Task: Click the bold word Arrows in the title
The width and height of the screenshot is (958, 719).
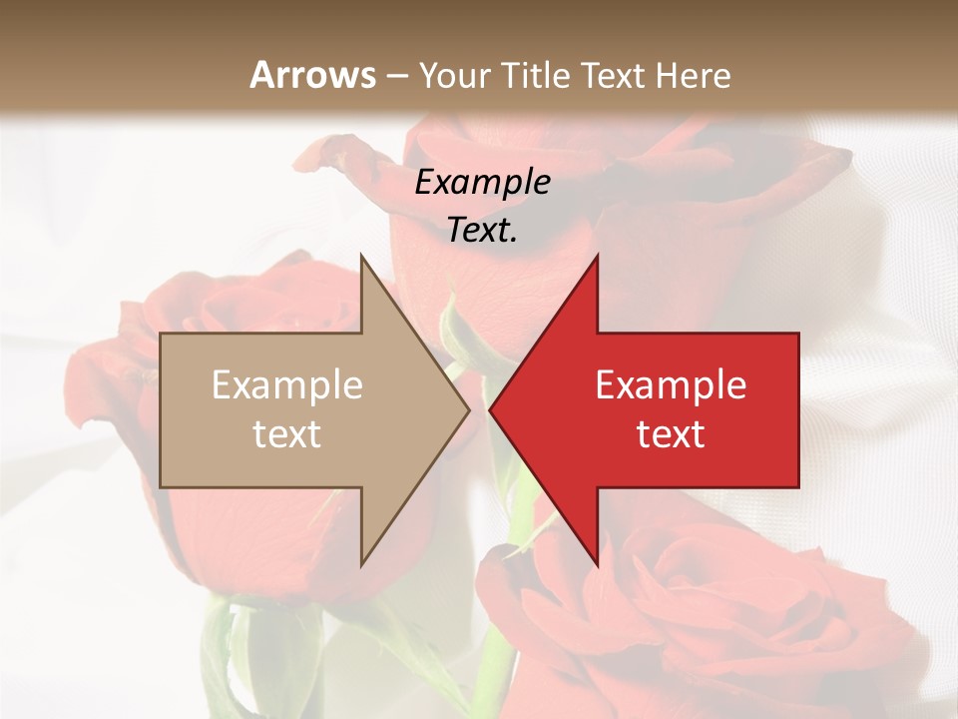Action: coord(312,75)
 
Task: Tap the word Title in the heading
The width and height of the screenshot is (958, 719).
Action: coord(536,76)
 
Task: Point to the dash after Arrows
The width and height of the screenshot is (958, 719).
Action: coord(396,77)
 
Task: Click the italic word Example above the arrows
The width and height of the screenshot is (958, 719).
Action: coord(483,183)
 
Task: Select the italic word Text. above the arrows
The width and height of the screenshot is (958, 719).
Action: coord(483,230)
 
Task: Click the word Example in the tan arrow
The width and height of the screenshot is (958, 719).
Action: coord(287,385)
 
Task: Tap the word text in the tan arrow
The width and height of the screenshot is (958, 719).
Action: coord(287,434)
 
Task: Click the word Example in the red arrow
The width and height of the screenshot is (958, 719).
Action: coord(671,385)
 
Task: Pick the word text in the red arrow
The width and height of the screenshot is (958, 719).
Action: coord(671,434)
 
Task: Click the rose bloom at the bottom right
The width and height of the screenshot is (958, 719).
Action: coord(699,619)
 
